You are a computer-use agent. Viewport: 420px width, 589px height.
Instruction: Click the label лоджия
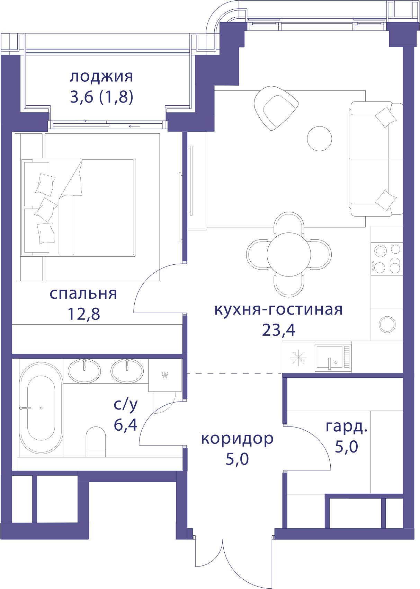[101, 77]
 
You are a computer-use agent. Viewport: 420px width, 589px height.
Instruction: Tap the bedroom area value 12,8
[84, 314]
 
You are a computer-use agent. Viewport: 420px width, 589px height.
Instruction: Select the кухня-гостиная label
[279, 310]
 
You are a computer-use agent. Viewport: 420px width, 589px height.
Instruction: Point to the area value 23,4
[279, 330]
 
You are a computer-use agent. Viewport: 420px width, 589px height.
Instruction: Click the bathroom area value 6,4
[126, 424]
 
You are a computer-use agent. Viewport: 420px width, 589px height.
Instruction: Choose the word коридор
[237, 439]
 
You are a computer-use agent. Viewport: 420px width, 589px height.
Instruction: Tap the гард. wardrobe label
[346, 427]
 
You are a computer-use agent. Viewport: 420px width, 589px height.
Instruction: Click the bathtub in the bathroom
[41, 408]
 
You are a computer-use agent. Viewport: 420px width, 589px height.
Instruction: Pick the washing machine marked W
[165, 375]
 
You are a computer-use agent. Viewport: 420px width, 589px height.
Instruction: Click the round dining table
[289, 255]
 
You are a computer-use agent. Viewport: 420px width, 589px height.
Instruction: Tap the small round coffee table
[319, 139]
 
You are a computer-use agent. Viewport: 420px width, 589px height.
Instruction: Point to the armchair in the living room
[276, 108]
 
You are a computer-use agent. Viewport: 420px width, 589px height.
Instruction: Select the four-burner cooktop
[387, 259]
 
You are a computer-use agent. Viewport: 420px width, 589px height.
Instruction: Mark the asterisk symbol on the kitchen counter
[298, 358]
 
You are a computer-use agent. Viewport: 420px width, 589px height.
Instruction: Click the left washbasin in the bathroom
[84, 371]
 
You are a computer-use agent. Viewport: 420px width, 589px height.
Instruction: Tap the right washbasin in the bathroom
[127, 371]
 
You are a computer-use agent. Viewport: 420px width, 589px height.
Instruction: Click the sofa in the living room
[376, 159]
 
